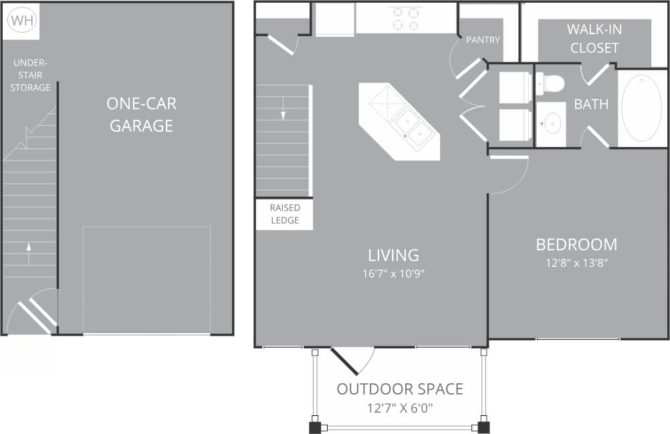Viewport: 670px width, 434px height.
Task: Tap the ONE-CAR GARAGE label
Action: (141, 114)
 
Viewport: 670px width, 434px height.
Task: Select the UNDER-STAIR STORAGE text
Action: (30, 75)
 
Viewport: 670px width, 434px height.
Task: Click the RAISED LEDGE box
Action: (284, 214)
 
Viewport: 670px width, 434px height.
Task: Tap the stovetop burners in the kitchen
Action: (405, 18)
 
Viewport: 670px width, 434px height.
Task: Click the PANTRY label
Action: (483, 40)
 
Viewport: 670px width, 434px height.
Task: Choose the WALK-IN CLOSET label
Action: (593, 39)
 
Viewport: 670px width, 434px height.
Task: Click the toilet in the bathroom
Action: (550, 84)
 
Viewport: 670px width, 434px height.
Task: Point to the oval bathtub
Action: (641, 108)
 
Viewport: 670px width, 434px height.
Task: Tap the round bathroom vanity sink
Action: (552, 123)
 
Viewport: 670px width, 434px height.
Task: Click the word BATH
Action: (591, 104)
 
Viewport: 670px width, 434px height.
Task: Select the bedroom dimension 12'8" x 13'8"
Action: (576, 263)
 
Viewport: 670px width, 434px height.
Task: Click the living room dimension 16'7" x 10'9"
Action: (393, 273)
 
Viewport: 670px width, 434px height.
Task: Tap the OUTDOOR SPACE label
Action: (399, 389)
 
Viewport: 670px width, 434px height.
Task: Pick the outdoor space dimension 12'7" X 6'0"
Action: (399, 407)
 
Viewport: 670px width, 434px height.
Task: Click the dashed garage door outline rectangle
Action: (146, 280)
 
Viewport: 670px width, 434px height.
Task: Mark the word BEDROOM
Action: (576, 244)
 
